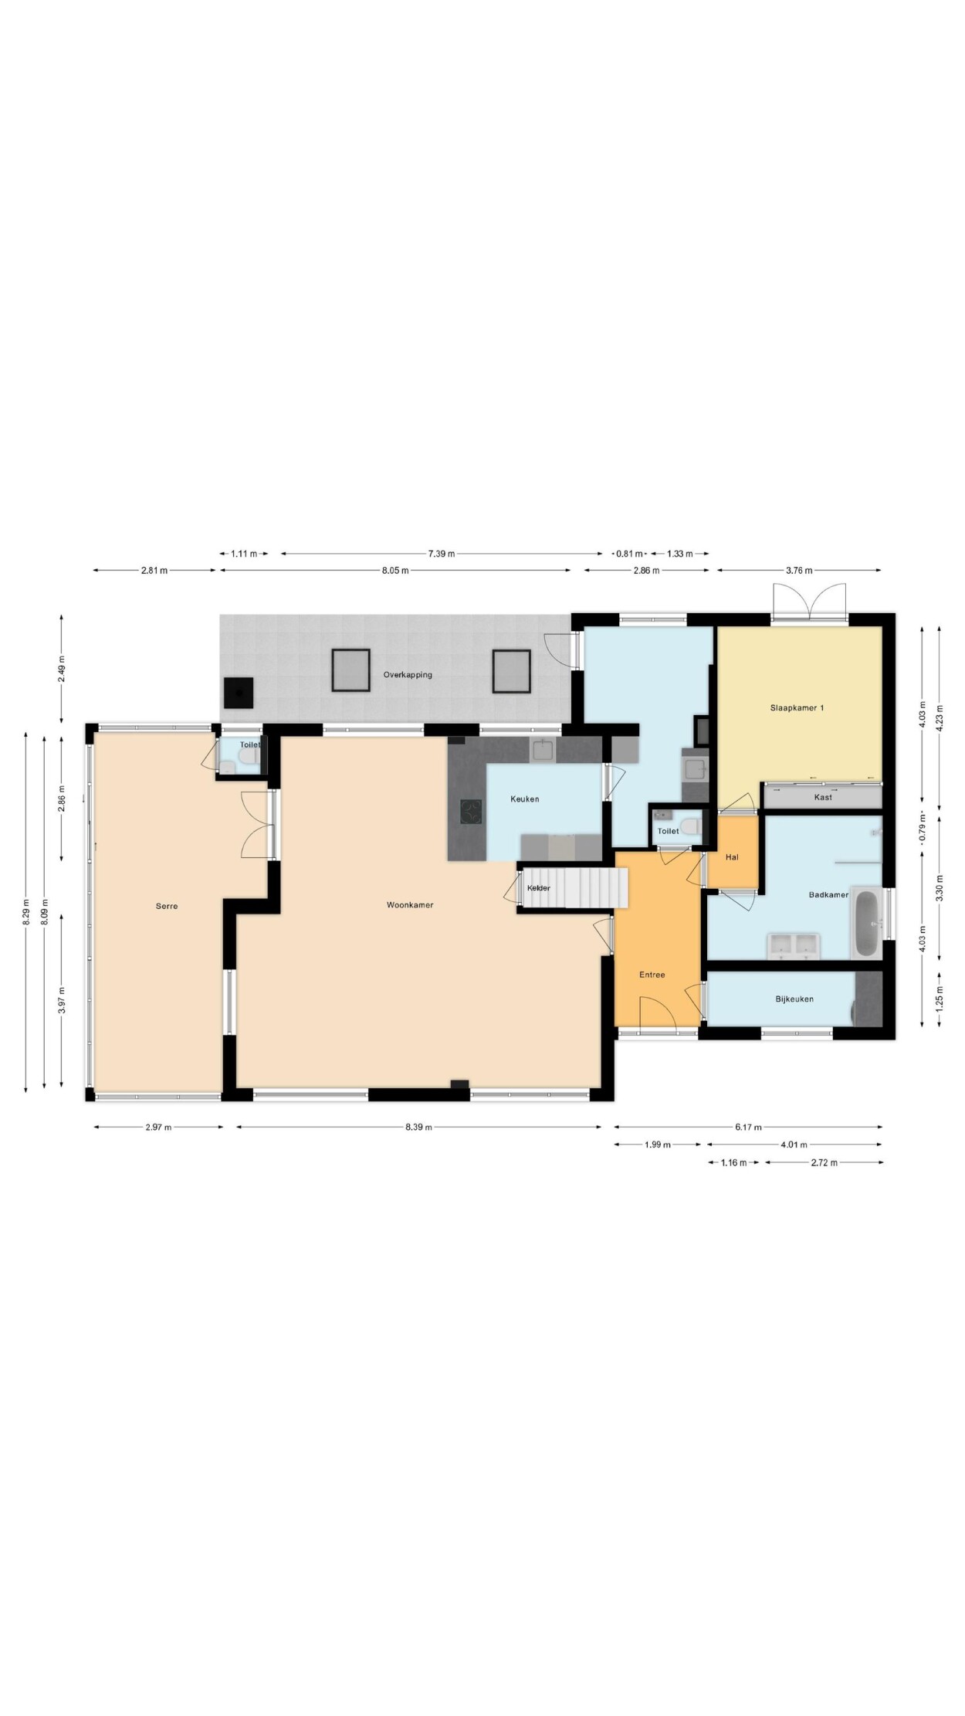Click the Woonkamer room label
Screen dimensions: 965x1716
[410, 904]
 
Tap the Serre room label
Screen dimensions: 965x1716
[167, 906]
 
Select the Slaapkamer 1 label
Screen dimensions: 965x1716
[797, 707]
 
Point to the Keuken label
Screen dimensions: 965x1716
[525, 799]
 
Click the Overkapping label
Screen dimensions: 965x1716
[408, 674]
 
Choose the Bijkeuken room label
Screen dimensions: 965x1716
[794, 999]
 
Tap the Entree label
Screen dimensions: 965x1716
[652, 975]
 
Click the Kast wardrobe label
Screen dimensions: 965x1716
[823, 797]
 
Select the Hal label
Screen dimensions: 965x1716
[732, 856]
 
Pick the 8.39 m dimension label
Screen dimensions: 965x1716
[418, 1127]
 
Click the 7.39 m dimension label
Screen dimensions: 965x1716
[442, 553]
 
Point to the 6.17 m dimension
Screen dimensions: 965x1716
[748, 1127]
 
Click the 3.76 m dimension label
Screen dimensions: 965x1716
[799, 570]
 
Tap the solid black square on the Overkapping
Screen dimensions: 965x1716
[239, 693]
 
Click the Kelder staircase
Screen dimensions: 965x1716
[575, 888]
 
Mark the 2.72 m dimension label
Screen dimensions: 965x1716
[824, 1162]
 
